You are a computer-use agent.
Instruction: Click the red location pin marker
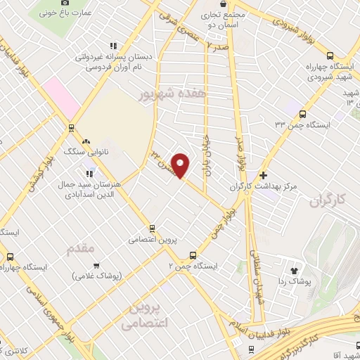pyautogui.click(x=181, y=165)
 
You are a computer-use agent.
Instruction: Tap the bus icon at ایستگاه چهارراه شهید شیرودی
pyautogui.click(x=330, y=56)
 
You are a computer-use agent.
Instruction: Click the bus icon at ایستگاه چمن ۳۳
pyautogui.click(x=303, y=113)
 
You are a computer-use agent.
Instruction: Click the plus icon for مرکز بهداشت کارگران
pyautogui.click(x=264, y=175)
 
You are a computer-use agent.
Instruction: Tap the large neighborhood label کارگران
pyautogui.click(x=330, y=202)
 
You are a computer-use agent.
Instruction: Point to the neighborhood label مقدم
pyautogui.click(x=80, y=250)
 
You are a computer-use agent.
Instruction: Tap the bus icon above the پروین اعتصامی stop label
pyautogui.click(x=152, y=228)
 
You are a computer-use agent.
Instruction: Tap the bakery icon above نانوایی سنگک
pyautogui.click(x=86, y=141)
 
